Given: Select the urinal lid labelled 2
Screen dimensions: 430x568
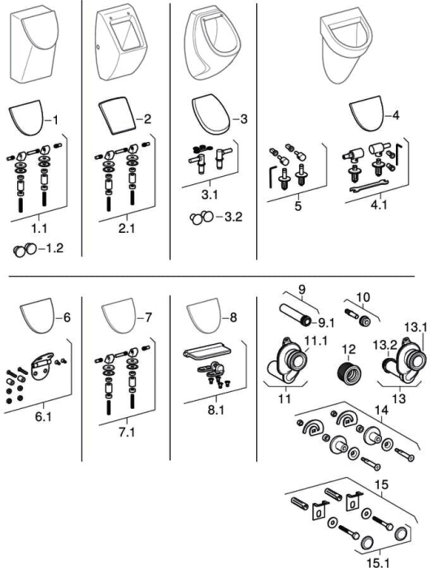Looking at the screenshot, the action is pyautogui.click(x=117, y=117).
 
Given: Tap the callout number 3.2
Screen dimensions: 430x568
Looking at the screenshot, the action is pyautogui.click(x=233, y=217).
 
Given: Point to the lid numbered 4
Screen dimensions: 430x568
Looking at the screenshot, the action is pyautogui.click(x=366, y=114).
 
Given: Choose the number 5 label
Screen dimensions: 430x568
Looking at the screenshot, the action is pyautogui.click(x=298, y=206).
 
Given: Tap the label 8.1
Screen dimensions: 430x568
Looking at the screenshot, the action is pyautogui.click(x=216, y=410).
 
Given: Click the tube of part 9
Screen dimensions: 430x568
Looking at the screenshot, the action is pyautogui.click(x=294, y=315).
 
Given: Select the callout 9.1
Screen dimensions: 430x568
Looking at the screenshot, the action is pyautogui.click(x=325, y=322).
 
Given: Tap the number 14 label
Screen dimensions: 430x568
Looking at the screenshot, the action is pyautogui.click(x=381, y=410).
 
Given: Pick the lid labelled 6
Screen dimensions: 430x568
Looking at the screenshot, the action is pyautogui.click(x=37, y=316).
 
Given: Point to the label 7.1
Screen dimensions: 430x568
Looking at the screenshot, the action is pyautogui.click(x=127, y=432).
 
